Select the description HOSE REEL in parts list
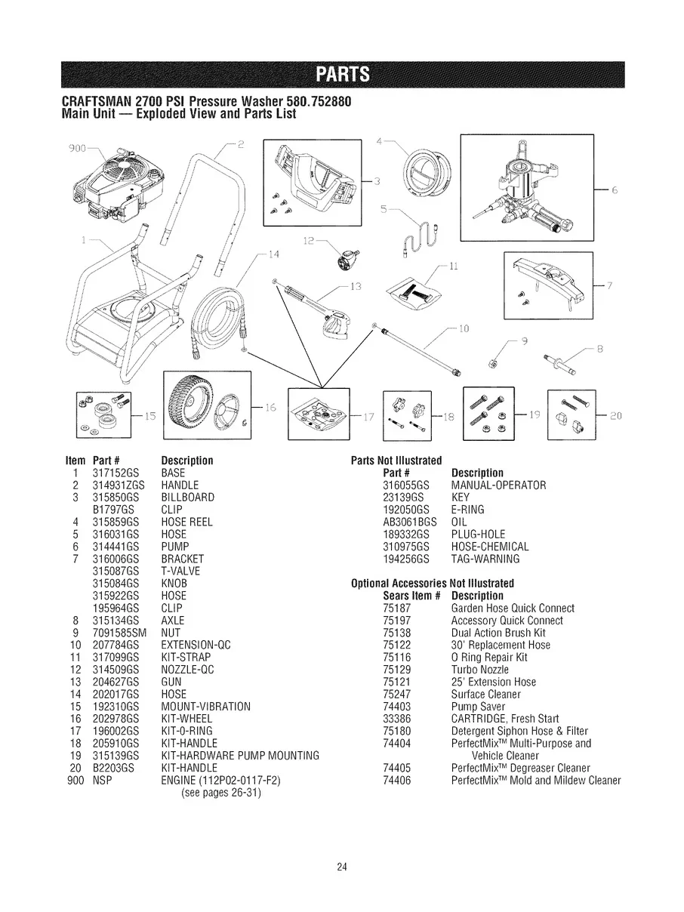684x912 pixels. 187,521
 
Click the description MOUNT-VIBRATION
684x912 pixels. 206,706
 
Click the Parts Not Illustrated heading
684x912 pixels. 396,461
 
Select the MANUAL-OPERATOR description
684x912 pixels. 498,485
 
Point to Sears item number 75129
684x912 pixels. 396,669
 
